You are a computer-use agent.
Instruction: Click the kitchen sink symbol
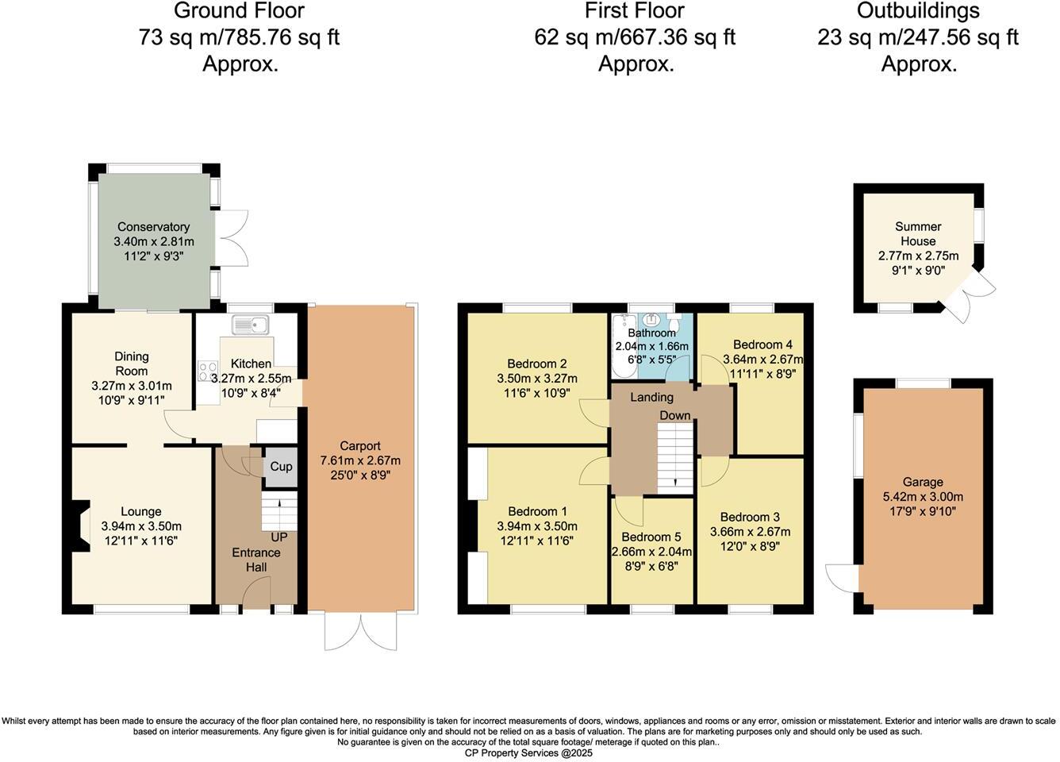(x=251, y=324)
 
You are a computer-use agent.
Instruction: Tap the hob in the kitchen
(x=208, y=370)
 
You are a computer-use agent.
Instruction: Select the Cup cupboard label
(x=281, y=467)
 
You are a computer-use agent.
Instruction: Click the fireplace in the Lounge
(x=81, y=525)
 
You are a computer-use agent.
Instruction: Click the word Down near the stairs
(x=674, y=416)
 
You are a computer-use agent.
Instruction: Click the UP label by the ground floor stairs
(x=279, y=537)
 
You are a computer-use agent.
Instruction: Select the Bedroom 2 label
(x=536, y=364)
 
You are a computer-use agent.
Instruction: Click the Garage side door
(x=841, y=577)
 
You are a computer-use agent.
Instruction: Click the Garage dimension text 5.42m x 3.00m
(x=923, y=497)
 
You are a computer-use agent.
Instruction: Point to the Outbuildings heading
(x=918, y=11)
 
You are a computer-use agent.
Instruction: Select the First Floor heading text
(x=634, y=11)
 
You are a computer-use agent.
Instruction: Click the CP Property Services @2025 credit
(x=529, y=752)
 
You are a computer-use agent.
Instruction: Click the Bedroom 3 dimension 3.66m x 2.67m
(x=750, y=532)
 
